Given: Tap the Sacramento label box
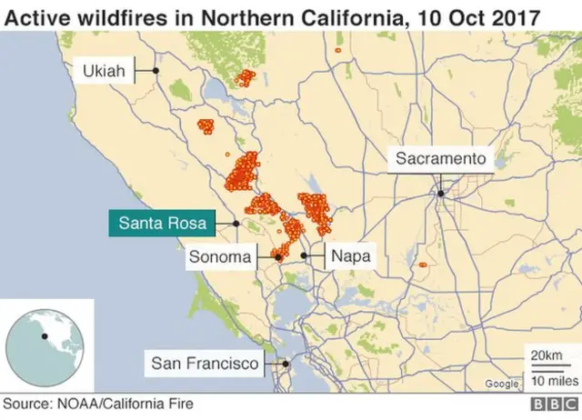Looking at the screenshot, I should tap(441, 159).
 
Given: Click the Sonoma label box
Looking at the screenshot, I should tap(219, 257).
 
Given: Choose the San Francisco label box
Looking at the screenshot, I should tap(206, 364).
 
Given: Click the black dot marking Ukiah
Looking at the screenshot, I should tap(156, 70).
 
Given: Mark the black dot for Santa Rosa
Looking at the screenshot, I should tap(236, 223).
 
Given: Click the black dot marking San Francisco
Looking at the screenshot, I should tap(286, 364).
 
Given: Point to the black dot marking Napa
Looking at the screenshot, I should tap(304, 256).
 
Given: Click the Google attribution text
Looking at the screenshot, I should tap(502, 384).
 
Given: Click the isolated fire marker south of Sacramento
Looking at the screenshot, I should tap(423, 265).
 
